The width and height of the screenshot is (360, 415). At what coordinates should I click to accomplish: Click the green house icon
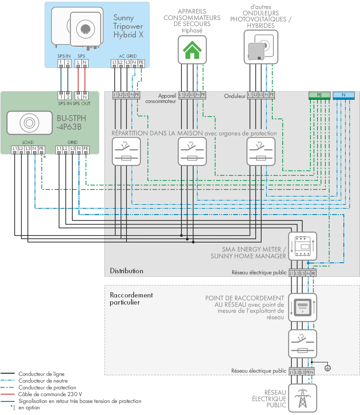point(192,50)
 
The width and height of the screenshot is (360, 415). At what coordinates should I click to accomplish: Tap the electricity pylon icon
point(303,398)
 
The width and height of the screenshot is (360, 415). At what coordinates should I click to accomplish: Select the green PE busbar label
point(319,95)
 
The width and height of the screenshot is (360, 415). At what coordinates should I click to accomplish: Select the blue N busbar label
point(344,95)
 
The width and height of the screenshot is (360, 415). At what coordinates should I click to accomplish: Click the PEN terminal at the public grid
point(310,372)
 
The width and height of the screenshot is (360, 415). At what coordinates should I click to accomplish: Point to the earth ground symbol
point(328,368)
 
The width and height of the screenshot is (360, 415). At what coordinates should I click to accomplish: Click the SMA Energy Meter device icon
point(303,246)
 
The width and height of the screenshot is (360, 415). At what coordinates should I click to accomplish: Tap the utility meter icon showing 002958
point(303,307)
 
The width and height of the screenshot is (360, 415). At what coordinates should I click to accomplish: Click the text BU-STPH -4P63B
point(71,123)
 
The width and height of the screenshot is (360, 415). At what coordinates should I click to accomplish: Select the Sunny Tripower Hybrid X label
point(128,26)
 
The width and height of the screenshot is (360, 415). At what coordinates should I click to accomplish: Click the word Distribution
point(127,271)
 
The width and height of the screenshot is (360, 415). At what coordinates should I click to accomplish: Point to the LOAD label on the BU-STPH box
point(28,142)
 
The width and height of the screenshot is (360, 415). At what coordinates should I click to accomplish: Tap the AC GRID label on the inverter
point(128,56)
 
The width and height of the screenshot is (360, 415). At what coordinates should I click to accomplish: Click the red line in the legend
point(7,394)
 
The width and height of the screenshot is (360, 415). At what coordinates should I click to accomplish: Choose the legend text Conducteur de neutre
point(43,381)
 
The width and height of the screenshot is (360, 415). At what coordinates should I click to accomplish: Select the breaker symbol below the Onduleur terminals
point(261,152)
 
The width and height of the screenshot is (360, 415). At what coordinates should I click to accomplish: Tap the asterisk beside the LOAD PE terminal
point(45,157)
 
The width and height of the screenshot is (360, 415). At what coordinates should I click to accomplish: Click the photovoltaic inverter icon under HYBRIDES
point(261,47)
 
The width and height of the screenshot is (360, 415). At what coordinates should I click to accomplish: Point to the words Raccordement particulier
point(132,299)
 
